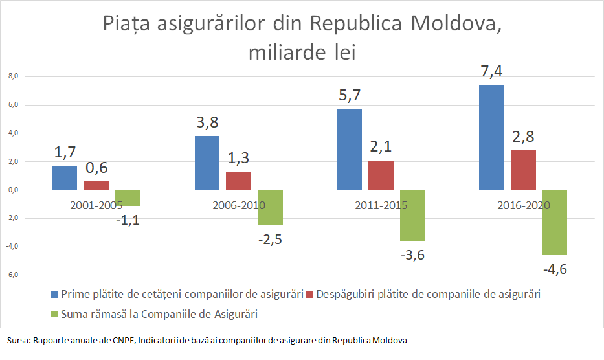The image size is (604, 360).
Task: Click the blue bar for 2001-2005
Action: tap(64, 178)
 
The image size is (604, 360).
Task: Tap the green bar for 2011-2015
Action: tap(412, 216)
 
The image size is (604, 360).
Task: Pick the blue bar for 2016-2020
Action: tap(491, 137)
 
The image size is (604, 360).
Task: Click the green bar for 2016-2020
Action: tap(555, 223)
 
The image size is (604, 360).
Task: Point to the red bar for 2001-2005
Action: tap(96, 186)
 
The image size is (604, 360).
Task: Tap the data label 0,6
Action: tap(97, 168)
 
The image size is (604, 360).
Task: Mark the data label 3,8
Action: tap(207, 122)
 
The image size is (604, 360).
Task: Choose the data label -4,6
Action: tap(554, 269)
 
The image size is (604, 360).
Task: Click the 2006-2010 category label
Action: tap(239, 206)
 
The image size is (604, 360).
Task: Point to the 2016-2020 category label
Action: tap(524, 206)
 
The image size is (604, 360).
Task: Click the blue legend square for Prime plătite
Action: tap(54, 295)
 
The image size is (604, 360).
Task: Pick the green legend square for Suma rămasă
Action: tap(54, 314)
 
